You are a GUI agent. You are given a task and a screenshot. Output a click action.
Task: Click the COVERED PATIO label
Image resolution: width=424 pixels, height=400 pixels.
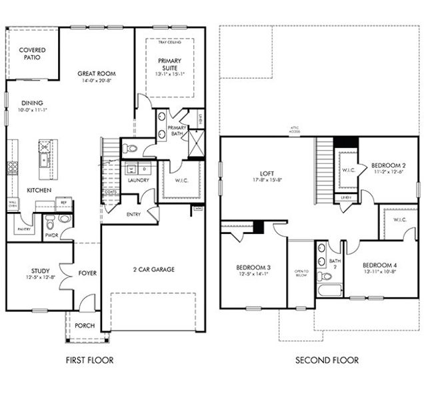coord(31,54)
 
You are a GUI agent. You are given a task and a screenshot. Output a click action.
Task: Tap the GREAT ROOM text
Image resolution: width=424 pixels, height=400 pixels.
coord(96,73)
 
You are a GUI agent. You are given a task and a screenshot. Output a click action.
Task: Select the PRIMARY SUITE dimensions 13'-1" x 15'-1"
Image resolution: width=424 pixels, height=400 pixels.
coord(169,74)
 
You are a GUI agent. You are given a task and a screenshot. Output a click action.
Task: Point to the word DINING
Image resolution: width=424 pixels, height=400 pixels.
coord(32,103)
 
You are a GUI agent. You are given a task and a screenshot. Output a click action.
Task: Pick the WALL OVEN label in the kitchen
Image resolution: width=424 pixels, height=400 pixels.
coord(12,204)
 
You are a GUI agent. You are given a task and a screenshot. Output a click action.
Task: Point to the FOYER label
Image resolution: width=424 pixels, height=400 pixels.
coord(87,272)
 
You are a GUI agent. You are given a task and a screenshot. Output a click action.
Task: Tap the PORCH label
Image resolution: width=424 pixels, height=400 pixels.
coord(85,325)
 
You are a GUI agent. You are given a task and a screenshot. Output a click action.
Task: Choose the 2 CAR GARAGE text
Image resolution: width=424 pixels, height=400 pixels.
coord(153,269)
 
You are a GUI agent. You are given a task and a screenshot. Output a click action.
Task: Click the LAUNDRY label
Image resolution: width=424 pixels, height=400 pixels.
coord(138,180)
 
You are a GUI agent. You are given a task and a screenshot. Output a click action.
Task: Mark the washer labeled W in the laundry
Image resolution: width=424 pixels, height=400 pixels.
coord(130,169)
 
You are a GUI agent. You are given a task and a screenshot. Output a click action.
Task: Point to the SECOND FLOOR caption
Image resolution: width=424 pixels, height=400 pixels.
coord(327,360)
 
